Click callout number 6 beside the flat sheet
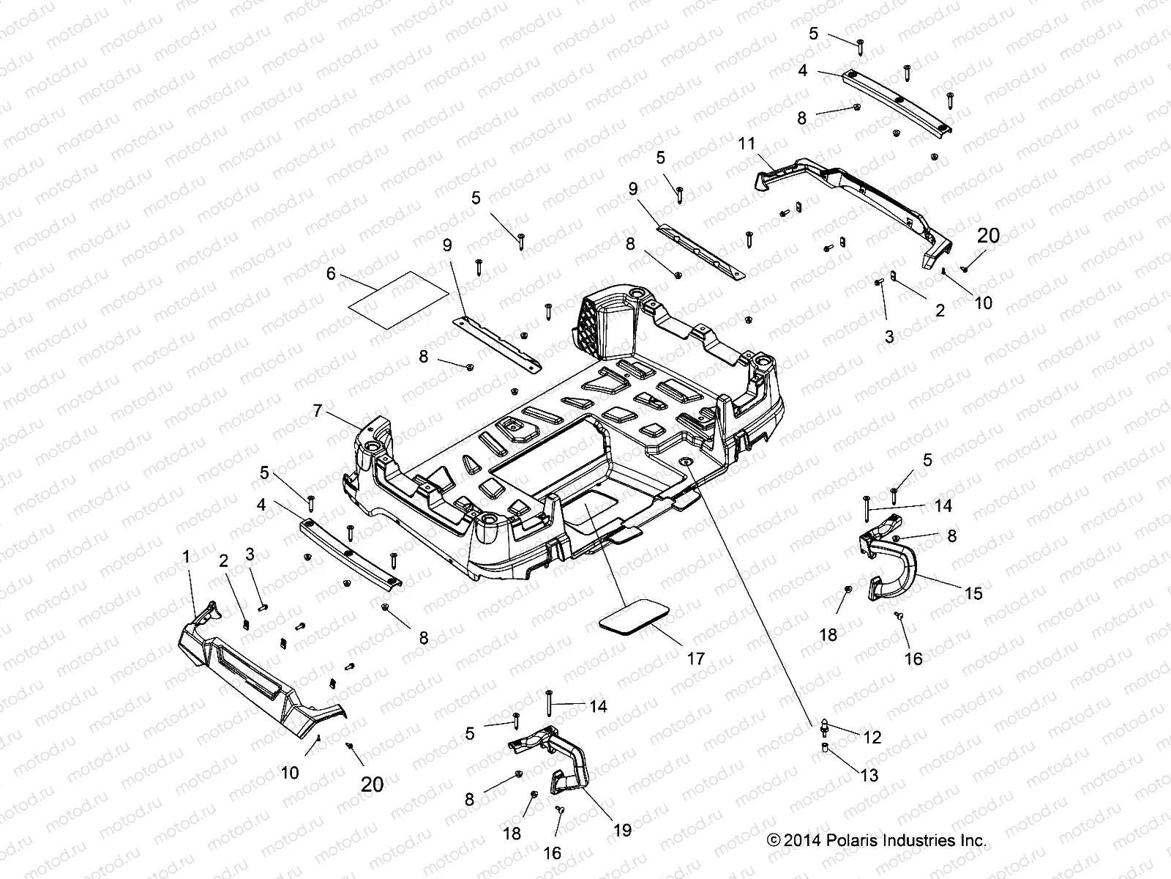(330, 273)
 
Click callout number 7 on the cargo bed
(318, 411)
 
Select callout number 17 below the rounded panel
(696, 658)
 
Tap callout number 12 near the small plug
(872, 738)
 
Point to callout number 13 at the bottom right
(869, 775)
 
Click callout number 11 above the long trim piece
(746, 144)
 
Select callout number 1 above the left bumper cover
(186, 557)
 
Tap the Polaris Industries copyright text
(877, 840)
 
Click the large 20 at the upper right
(988, 236)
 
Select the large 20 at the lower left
(373, 784)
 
